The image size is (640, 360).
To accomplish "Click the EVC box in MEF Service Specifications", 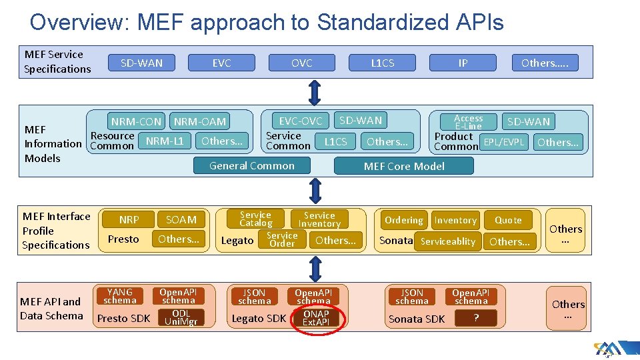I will [221, 63].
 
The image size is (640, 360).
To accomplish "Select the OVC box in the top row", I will [301, 63].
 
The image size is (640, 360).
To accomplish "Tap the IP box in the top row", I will [463, 63].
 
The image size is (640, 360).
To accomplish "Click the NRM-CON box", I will [136, 121].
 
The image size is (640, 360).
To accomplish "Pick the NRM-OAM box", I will [200, 121].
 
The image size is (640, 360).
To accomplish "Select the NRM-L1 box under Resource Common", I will [165, 141].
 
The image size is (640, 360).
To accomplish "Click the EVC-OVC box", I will [300, 121].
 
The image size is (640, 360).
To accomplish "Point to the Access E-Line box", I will [469, 122].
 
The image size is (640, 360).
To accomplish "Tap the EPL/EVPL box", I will [505, 141].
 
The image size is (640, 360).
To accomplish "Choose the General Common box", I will [252, 165].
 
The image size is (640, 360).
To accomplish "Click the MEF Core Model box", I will [404, 166].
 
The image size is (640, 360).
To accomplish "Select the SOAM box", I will [181, 219].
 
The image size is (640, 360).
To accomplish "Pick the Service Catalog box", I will [255, 219].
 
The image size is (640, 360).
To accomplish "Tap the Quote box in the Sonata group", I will [508, 220].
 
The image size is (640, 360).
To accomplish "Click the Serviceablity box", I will [448, 241].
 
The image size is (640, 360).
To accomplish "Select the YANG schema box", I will [120, 296].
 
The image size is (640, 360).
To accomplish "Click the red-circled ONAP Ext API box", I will [316, 318].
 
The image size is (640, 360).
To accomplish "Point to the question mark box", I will [475, 318].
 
